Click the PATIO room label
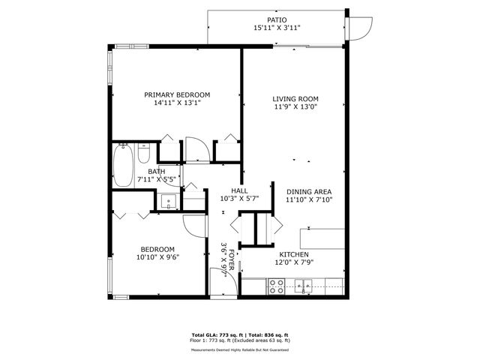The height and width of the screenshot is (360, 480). tap(277, 19)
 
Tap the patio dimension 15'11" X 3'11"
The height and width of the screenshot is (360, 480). tap(277, 28)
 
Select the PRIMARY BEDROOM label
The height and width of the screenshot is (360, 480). tap(177, 94)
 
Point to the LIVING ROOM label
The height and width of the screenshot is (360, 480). tap(295, 98)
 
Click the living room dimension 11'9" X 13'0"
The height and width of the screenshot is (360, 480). tap(295, 107)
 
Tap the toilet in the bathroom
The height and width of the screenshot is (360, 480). tap(145, 154)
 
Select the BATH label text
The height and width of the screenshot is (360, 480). tap(156, 172)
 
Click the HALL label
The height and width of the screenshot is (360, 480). tap(238, 190)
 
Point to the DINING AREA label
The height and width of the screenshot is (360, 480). tap(308, 190)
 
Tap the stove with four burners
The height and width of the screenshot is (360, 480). tap(276, 285)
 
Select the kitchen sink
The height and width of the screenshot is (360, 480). tap(303, 285)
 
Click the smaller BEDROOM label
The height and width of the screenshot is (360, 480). tap(157, 249)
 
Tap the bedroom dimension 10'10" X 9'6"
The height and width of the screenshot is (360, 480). tap(157, 257)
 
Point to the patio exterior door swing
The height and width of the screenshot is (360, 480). tap(361, 28)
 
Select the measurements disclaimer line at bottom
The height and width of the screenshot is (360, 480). tap(240, 349)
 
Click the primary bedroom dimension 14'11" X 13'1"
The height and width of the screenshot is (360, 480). tap(177, 103)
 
